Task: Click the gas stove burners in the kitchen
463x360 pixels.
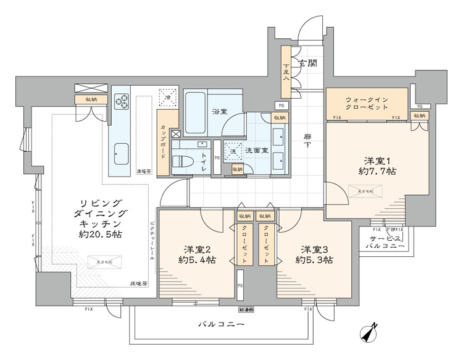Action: pos(120,100)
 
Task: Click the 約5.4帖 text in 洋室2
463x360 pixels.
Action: pos(197,260)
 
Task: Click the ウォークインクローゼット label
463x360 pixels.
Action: pos(367,102)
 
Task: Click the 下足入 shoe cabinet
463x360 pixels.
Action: pos(286,73)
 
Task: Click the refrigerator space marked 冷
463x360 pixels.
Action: pos(166,97)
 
